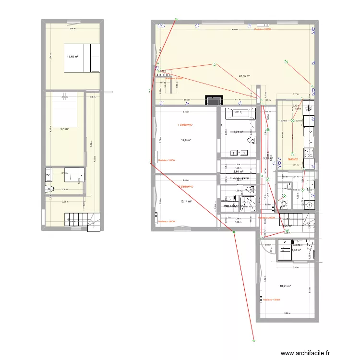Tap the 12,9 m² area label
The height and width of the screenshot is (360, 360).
[186, 140]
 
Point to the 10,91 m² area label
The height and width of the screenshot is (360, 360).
[286, 287]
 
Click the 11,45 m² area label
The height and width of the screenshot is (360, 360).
[72, 57]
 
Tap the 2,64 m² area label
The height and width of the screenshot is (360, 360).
[238, 171]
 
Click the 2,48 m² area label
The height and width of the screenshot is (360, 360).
[296, 250]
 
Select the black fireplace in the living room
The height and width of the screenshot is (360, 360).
[214, 101]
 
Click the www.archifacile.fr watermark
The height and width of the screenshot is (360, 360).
[306, 353]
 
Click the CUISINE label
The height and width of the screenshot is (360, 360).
[292, 159]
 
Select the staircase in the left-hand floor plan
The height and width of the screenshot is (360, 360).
[81, 221]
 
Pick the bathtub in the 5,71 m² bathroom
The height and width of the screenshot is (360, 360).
[240, 114]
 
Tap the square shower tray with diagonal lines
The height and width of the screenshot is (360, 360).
[249, 203]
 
